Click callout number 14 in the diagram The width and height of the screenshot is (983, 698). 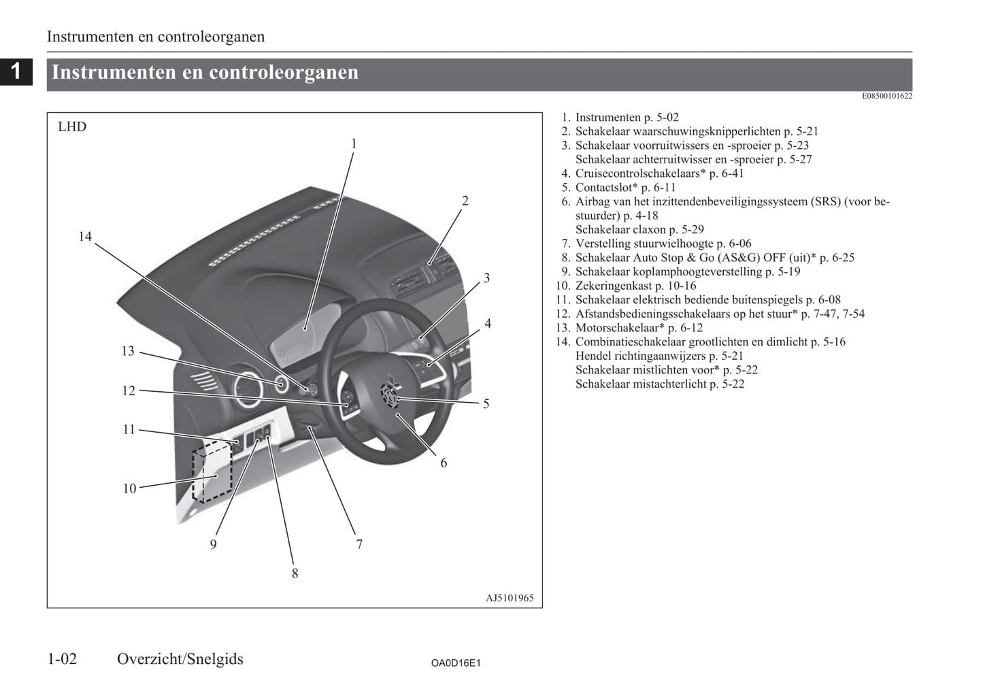coord(84,237)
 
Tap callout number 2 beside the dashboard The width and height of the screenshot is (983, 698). coord(465,201)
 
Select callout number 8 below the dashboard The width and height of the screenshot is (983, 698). coord(295,574)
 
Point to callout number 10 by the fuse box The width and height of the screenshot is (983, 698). coord(129,488)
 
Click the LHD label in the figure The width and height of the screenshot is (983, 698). coord(72,127)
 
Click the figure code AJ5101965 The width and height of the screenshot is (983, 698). coord(510,599)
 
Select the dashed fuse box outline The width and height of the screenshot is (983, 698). coord(212,471)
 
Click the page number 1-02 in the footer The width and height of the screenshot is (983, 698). coord(62,659)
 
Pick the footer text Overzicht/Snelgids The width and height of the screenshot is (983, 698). coord(180,659)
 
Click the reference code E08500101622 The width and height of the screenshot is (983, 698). coord(886,96)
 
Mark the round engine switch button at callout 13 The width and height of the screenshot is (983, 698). coord(280,384)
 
